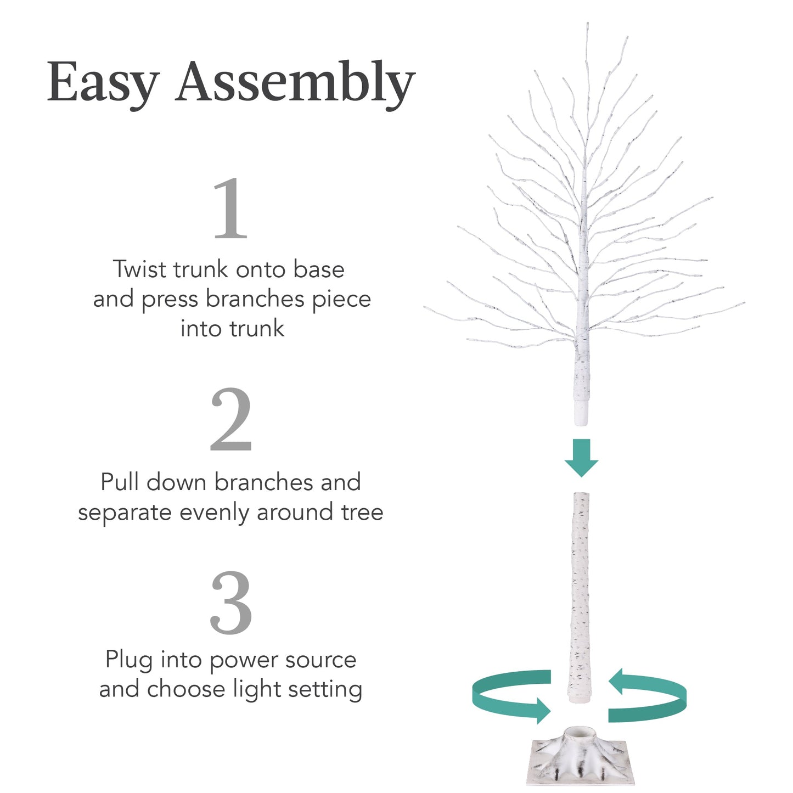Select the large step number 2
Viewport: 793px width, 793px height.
point(230,420)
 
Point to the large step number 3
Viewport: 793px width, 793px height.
point(230,603)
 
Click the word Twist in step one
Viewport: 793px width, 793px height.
point(140,269)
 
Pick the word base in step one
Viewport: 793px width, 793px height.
point(318,269)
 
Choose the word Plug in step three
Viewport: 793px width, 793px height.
point(129,660)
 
